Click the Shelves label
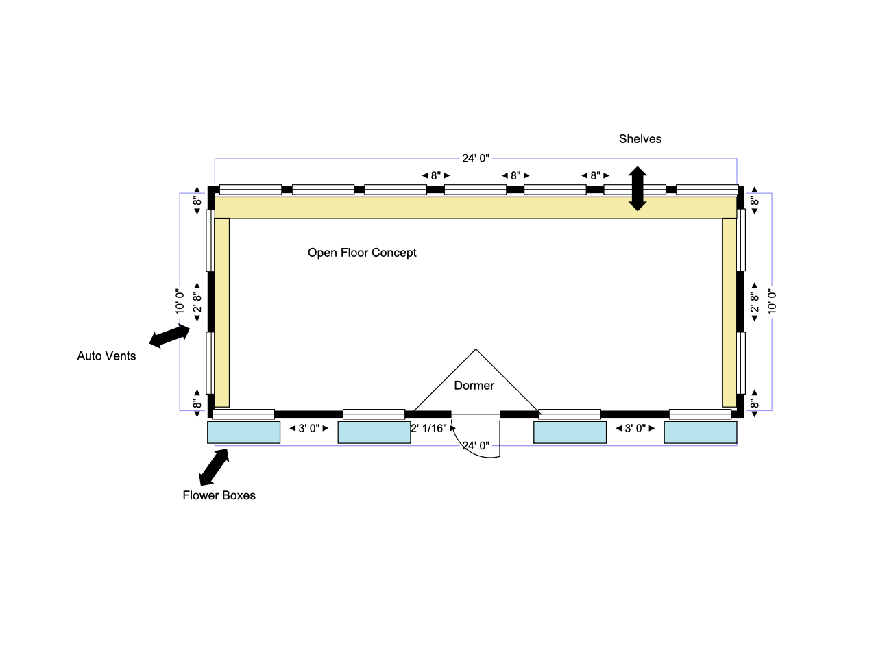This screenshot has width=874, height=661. pyautogui.click(x=640, y=139)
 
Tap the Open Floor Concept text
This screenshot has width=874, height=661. pyautogui.click(x=362, y=253)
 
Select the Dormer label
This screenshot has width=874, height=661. pyautogui.click(x=474, y=386)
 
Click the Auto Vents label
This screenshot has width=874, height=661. pyautogui.click(x=106, y=356)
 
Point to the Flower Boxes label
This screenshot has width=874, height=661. pyautogui.click(x=219, y=495)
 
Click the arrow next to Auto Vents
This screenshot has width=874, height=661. pyautogui.click(x=169, y=336)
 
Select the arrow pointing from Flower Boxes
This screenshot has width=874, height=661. pyautogui.click(x=214, y=467)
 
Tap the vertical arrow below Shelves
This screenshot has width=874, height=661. pyautogui.click(x=638, y=188)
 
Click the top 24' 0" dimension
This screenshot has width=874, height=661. pyautogui.click(x=476, y=158)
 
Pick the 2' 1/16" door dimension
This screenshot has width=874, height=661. pyautogui.click(x=429, y=428)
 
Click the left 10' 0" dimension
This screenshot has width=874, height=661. pyautogui.click(x=180, y=301)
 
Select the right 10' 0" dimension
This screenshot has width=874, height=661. pyautogui.click(x=772, y=301)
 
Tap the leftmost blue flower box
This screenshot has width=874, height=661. pyautogui.click(x=244, y=432)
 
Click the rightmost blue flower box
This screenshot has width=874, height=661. pyautogui.click(x=700, y=432)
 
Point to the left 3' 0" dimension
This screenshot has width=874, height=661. pyautogui.click(x=309, y=428)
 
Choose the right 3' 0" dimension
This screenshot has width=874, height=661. pyautogui.click(x=635, y=428)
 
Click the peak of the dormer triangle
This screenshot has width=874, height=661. pyautogui.click(x=476, y=350)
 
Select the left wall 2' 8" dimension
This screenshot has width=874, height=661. pyautogui.click(x=197, y=302)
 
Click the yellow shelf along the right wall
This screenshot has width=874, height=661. pyautogui.click(x=729, y=312)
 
